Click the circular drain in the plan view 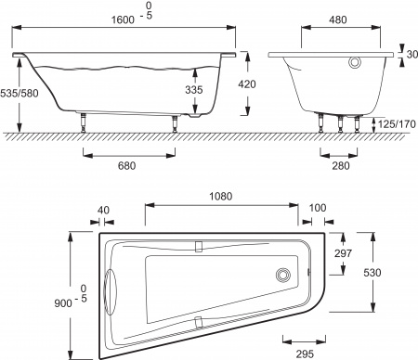coord(282,275)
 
